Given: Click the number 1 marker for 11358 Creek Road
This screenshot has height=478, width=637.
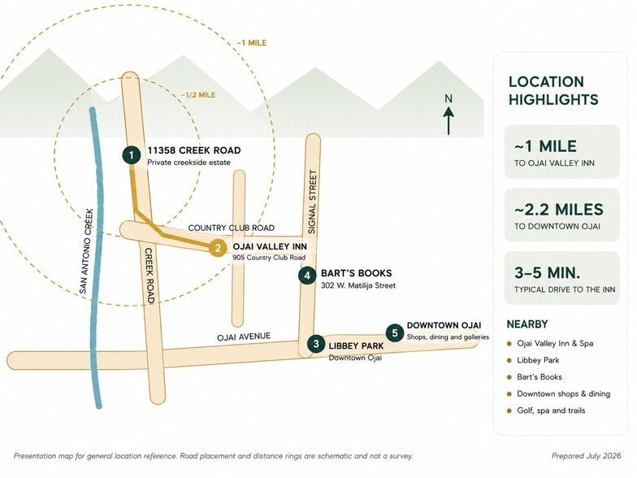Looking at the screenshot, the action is (x=132, y=155).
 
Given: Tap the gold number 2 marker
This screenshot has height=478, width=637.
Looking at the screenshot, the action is (x=218, y=248).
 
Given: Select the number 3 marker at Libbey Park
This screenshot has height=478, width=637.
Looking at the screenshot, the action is (x=316, y=345).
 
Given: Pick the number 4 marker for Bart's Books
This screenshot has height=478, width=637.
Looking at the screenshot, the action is (x=307, y=276).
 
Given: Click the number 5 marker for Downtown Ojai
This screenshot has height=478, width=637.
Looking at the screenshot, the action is (x=395, y=333).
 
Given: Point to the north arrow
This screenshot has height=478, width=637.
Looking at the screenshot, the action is (x=448, y=120).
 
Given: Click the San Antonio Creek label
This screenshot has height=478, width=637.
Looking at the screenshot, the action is (x=87, y=251).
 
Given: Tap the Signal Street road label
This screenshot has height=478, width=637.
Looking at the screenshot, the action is (x=312, y=202).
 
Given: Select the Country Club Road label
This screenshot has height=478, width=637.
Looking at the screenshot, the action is (x=231, y=228).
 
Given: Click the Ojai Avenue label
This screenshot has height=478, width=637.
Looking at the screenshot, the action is (x=244, y=337).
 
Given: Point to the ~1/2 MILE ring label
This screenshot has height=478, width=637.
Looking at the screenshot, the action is (x=198, y=95).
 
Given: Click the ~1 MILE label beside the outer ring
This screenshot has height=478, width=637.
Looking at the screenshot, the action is (x=252, y=42).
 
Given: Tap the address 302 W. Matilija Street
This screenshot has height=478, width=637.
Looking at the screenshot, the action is (x=357, y=286).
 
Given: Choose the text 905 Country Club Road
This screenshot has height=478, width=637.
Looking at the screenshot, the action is (x=269, y=257).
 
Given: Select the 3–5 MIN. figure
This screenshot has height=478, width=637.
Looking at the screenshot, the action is (x=547, y=273).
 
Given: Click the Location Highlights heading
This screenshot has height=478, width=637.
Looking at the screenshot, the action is (x=553, y=91).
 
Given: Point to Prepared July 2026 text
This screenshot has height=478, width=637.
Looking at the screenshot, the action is (x=587, y=456).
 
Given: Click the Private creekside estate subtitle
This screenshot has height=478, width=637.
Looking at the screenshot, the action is (x=188, y=163).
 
